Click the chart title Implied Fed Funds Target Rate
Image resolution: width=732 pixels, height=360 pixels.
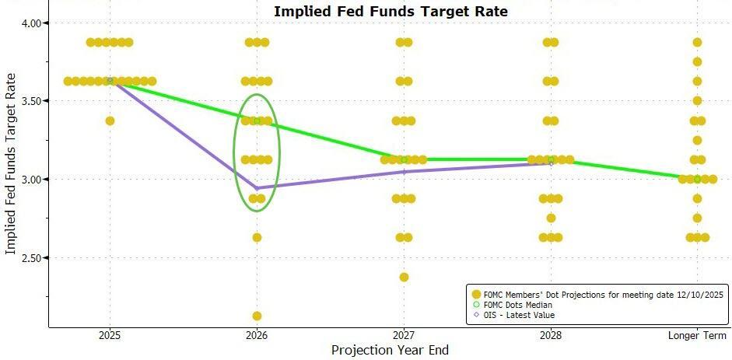(391, 11)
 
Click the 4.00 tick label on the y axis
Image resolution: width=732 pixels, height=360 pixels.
(32, 23)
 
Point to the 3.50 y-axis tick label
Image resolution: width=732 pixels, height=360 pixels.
(32, 101)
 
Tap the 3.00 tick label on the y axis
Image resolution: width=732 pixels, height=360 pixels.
(32, 180)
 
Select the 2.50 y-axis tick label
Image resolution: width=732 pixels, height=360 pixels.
(32, 258)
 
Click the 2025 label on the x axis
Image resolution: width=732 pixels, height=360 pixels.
(110, 336)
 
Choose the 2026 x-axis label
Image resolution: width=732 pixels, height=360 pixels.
(257, 336)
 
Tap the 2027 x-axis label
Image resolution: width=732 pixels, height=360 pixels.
(403, 336)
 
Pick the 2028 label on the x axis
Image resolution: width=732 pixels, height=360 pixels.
(550, 336)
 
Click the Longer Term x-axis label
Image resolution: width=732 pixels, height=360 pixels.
(697, 336)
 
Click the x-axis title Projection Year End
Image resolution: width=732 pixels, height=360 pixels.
(390, 351)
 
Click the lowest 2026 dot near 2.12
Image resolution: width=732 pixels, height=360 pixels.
(257, 316)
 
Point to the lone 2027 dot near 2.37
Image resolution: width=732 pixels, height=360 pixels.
(403, 277)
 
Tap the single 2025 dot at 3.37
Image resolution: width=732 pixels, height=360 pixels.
(110, 121)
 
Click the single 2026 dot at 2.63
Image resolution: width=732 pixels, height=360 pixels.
(257, 237)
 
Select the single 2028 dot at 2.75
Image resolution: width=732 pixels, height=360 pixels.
(551, 218)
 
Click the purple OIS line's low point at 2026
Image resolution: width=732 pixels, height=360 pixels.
(257, 188)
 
